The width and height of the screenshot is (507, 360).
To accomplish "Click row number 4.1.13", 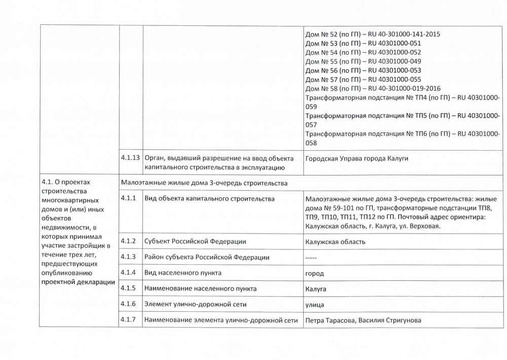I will pyautogui.click(x=130, y=158).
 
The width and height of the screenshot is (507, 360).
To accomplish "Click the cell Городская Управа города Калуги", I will pyautogui.click(x=357, y=159).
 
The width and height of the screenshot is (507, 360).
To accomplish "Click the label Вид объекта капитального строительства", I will pyautogui.click(x=209, y=199).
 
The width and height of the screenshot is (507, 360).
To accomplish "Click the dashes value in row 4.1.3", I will pyautogui.click(x=311, y=258).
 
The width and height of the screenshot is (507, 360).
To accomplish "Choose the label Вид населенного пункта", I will pyautogui.click(x=183, y=273).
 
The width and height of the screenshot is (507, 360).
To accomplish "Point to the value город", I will pyautogui.click(x=314, y=273).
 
